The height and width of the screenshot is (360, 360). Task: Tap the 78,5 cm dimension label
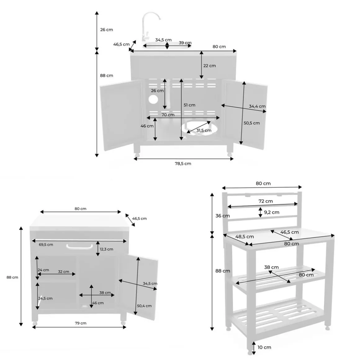[x=183, y=164]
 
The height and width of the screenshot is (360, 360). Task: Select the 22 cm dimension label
[x=209, y=66]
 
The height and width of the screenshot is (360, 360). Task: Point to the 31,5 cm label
[x=204, y=130]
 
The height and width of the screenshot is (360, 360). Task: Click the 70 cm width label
[x=168, y=115]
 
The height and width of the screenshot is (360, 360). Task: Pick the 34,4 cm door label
[x=257, y=106]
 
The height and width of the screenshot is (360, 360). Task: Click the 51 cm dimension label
[x=189, y=105]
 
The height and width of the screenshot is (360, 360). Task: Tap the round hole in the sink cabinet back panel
[x=153, y=99]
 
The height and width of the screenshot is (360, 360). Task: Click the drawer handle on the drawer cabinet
[x=79, y=247]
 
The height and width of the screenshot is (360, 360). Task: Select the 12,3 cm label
[x=106, y=249]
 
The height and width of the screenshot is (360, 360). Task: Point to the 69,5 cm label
[x=46, y=245]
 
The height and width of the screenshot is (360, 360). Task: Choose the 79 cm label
[x=81, y=323]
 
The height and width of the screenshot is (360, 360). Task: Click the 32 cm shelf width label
[x=63, y=272]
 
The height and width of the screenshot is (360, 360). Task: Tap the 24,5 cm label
[x=45, y=299]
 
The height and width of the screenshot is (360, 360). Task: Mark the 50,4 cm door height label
[x=144, y=306]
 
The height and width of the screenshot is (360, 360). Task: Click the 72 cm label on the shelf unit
[x=266, y=201]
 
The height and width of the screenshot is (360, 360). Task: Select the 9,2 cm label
[x=272, y=212]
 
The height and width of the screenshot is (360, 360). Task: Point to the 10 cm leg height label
[x=264, y=347]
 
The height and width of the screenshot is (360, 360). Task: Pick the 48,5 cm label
[x=245, y=236]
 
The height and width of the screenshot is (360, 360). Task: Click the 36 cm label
[x=223, y=216]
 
